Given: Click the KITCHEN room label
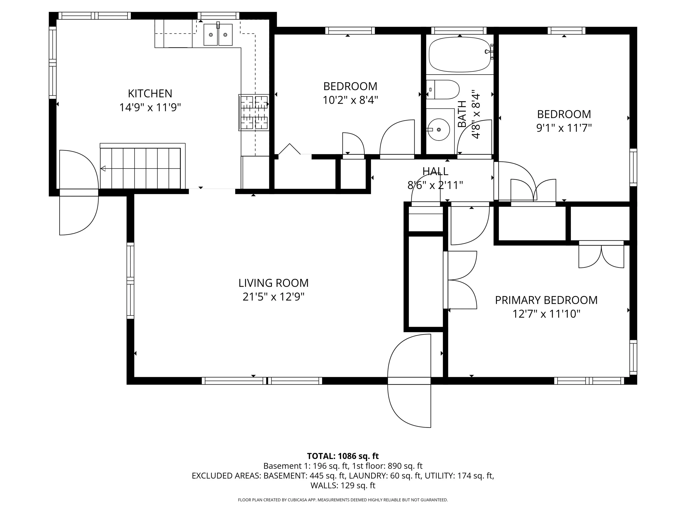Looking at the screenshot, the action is coord(150,93).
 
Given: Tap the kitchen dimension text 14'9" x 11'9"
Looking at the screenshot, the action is coord(150,108).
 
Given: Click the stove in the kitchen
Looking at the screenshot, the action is coord(254,112).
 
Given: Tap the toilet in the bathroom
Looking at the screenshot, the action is coord(443,89).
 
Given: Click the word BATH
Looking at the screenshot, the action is coord(462,114).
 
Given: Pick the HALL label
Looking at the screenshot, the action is coord(435,171).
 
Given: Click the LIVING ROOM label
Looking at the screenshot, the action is coord(274,283).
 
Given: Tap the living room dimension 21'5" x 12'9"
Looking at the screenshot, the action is coord(274,297).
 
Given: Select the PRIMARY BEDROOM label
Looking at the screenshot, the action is coord(546,300).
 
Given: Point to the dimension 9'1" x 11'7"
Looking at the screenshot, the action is coord(564,128).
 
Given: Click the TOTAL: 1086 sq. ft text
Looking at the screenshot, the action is coord(343,456).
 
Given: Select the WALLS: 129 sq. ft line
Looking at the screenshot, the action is coord(343,485).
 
